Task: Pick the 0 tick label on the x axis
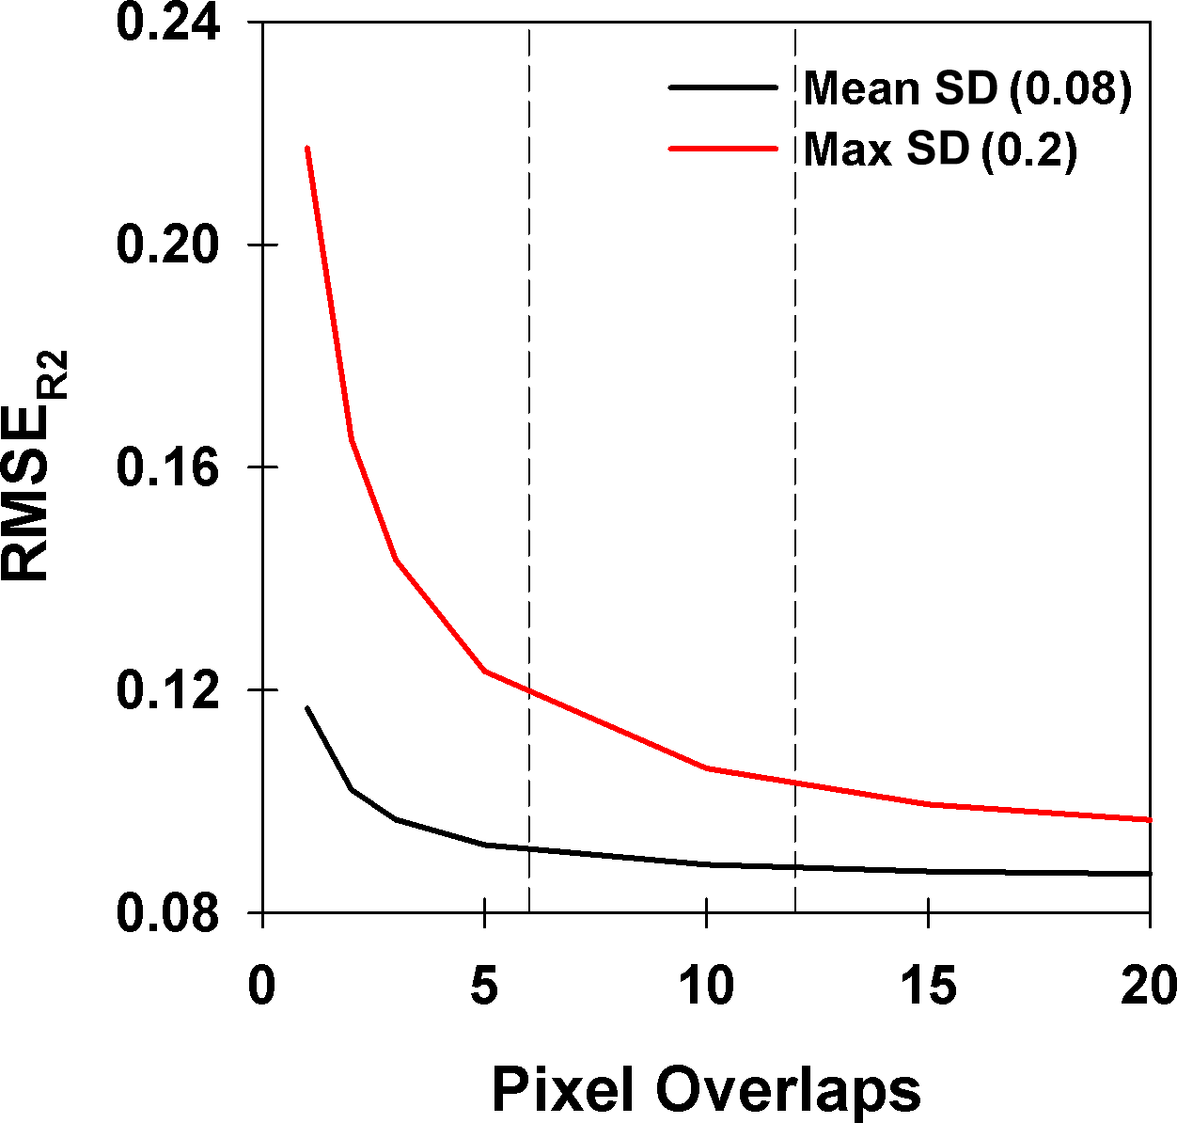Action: click(x=262, y=987)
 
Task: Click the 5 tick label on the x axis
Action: click(x=484, y=987)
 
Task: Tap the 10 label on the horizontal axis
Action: click(x=706, y=987)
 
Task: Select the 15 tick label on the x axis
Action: click(x=929, y=987)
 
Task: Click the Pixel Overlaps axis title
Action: click(x=706, y=1090)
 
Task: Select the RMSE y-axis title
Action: click(x=36, y=467)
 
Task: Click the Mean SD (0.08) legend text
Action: click(x=967, y=88)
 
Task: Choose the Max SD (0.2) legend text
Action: click(x=940, y=150)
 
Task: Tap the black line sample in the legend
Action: click(x=723, y=87)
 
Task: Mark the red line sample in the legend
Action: click(x=723, y=149)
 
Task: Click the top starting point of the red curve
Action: click(x=307, y=148)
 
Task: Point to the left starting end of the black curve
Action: click(x=307, y=707)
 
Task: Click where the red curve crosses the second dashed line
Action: click(x=795, y=782)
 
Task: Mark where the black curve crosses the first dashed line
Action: click(x=529, y=848)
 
